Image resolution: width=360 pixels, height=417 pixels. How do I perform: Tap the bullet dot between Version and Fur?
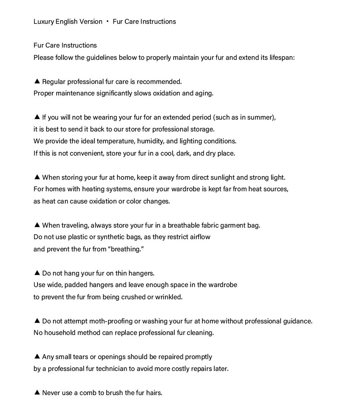click(108, 22)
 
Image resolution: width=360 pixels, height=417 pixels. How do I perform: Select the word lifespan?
click(282, 58)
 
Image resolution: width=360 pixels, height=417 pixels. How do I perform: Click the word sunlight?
click(224, 178)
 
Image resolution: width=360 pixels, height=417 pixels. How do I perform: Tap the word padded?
click(78, 285)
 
